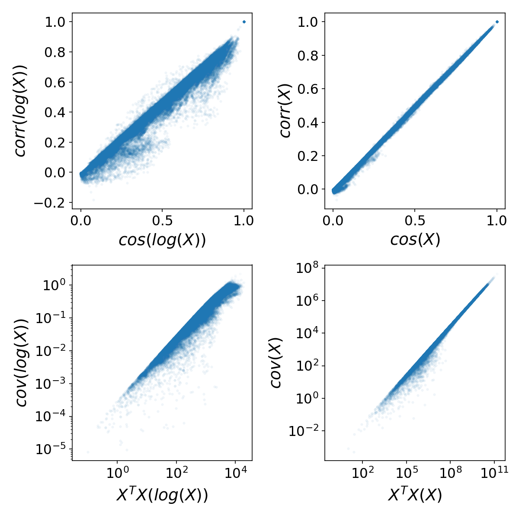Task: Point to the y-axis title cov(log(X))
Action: [x=22, y=362]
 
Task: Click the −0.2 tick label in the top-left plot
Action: [x=54, y=202]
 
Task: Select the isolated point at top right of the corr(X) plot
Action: [x=497, y=22]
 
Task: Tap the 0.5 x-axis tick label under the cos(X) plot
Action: [x=415, y=221]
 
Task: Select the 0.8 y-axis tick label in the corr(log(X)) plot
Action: [x=57, y=52]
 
